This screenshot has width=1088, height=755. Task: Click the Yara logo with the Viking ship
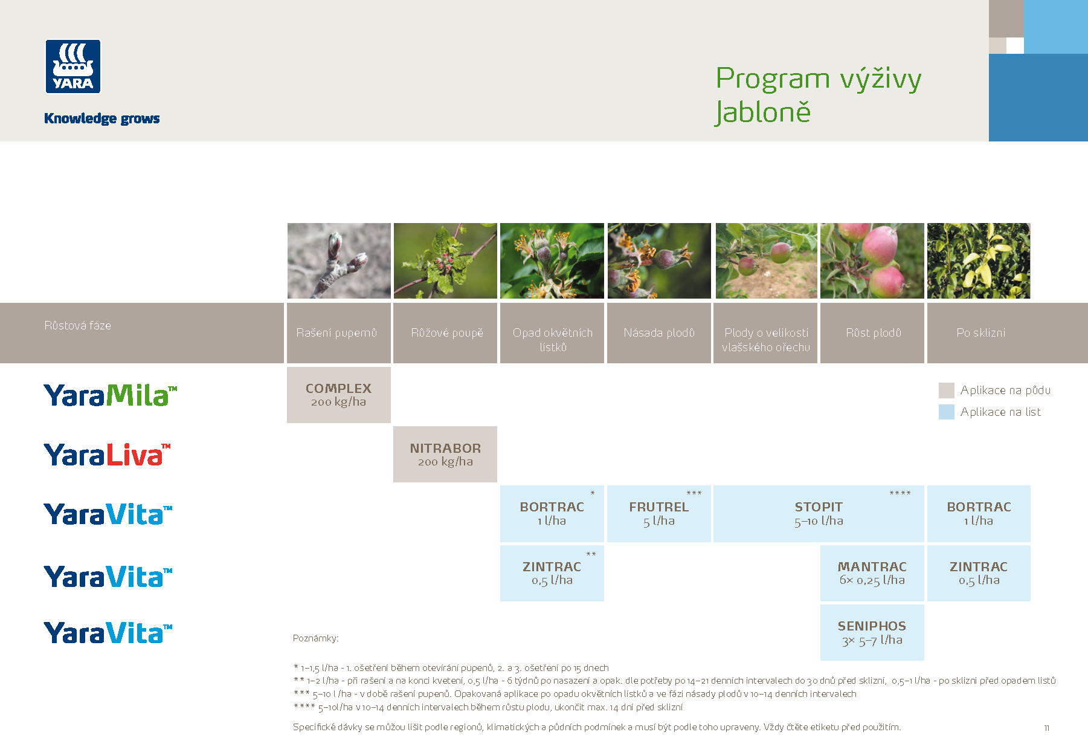coord(72,66)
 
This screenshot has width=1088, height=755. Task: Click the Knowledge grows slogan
coord(101,118)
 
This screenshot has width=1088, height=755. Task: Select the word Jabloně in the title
coord(762,112)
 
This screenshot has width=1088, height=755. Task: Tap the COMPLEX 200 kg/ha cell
coord(338,395)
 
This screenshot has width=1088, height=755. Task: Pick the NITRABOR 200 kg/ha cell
coord(445,455)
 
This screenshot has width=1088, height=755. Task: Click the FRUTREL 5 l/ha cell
coord(658,514)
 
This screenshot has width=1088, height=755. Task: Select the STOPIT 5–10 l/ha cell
coord(819,514)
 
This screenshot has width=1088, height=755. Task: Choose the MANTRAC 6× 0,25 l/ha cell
coord(872,573)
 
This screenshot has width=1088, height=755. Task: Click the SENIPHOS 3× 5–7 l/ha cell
coord(872,632)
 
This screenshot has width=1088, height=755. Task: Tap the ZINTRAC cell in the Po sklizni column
coord(979,573)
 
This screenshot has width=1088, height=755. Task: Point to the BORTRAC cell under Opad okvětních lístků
coord(552,514)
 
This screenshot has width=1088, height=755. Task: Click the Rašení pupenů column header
coord(337,333)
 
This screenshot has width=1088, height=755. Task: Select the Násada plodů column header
coord(659,333)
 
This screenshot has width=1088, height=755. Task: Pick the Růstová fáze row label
coord(78,326)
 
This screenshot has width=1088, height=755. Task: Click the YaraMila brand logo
coord(110,395)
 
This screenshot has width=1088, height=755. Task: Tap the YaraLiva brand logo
coord(107,455)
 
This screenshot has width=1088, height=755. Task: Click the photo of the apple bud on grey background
coord(338,261)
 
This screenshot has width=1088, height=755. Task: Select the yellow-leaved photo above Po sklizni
coord(979,261)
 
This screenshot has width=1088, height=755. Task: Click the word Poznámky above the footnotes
coord(315,638)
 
